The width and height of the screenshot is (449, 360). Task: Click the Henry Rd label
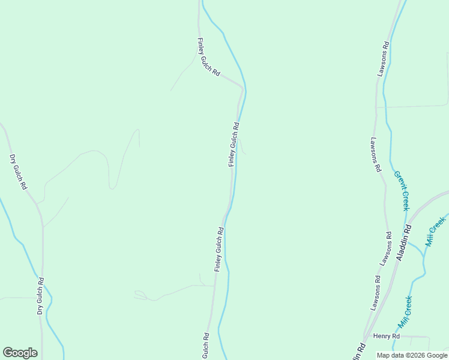[386, 336]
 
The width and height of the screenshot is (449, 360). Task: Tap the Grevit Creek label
[401, 190]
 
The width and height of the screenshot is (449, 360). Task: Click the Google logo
[20, 353]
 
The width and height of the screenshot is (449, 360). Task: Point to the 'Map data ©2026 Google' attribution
[412, 355]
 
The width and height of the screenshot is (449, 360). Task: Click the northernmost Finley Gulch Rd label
[208, 57]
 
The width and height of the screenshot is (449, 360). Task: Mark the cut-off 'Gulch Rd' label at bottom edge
[205, 346]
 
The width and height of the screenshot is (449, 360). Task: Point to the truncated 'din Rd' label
[359, 352]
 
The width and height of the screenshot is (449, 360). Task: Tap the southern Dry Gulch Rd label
[40, 296]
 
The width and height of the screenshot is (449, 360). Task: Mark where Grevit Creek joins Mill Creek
[424, 257]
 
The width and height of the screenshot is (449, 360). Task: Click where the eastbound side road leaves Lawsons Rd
[376, 107]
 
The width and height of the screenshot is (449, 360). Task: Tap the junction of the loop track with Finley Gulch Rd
[213, 286]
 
